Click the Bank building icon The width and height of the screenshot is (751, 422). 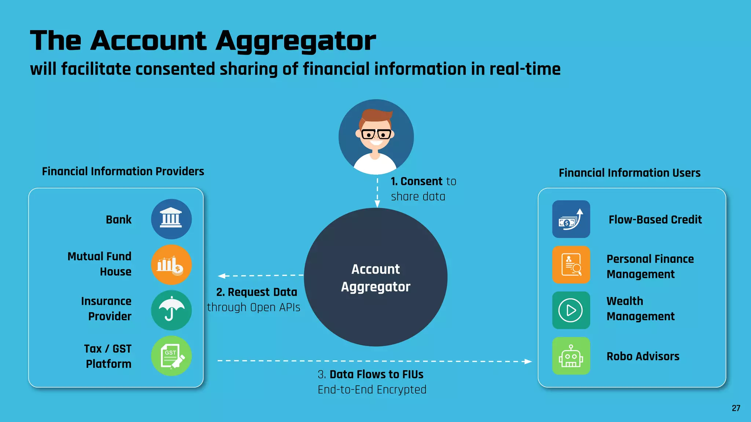tap(171, 219)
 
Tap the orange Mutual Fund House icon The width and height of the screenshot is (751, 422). tap(171, 265)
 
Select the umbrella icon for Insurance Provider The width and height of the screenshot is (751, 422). tap(171, 310)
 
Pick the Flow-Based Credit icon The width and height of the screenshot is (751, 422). tap(571, 219)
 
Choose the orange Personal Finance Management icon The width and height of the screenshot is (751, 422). tap(571, 265)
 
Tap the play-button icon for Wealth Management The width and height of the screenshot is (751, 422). tap(571, 310)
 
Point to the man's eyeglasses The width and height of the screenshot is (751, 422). tap(376, 134)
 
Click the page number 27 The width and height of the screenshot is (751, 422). tap(736, 408)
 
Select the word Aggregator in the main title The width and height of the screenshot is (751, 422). tap(296, 41)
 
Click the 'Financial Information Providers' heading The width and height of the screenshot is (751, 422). tap(123, 171)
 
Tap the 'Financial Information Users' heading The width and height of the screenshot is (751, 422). tap(629, 173)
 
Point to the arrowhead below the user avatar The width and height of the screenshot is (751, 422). tap(377, 204)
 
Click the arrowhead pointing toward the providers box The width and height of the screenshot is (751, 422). tap(221, 276)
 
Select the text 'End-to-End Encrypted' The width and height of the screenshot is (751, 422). tap(372, 389)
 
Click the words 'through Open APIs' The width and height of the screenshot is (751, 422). tap(253, 307)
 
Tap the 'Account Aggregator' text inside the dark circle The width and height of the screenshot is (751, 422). tap(375, 278)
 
